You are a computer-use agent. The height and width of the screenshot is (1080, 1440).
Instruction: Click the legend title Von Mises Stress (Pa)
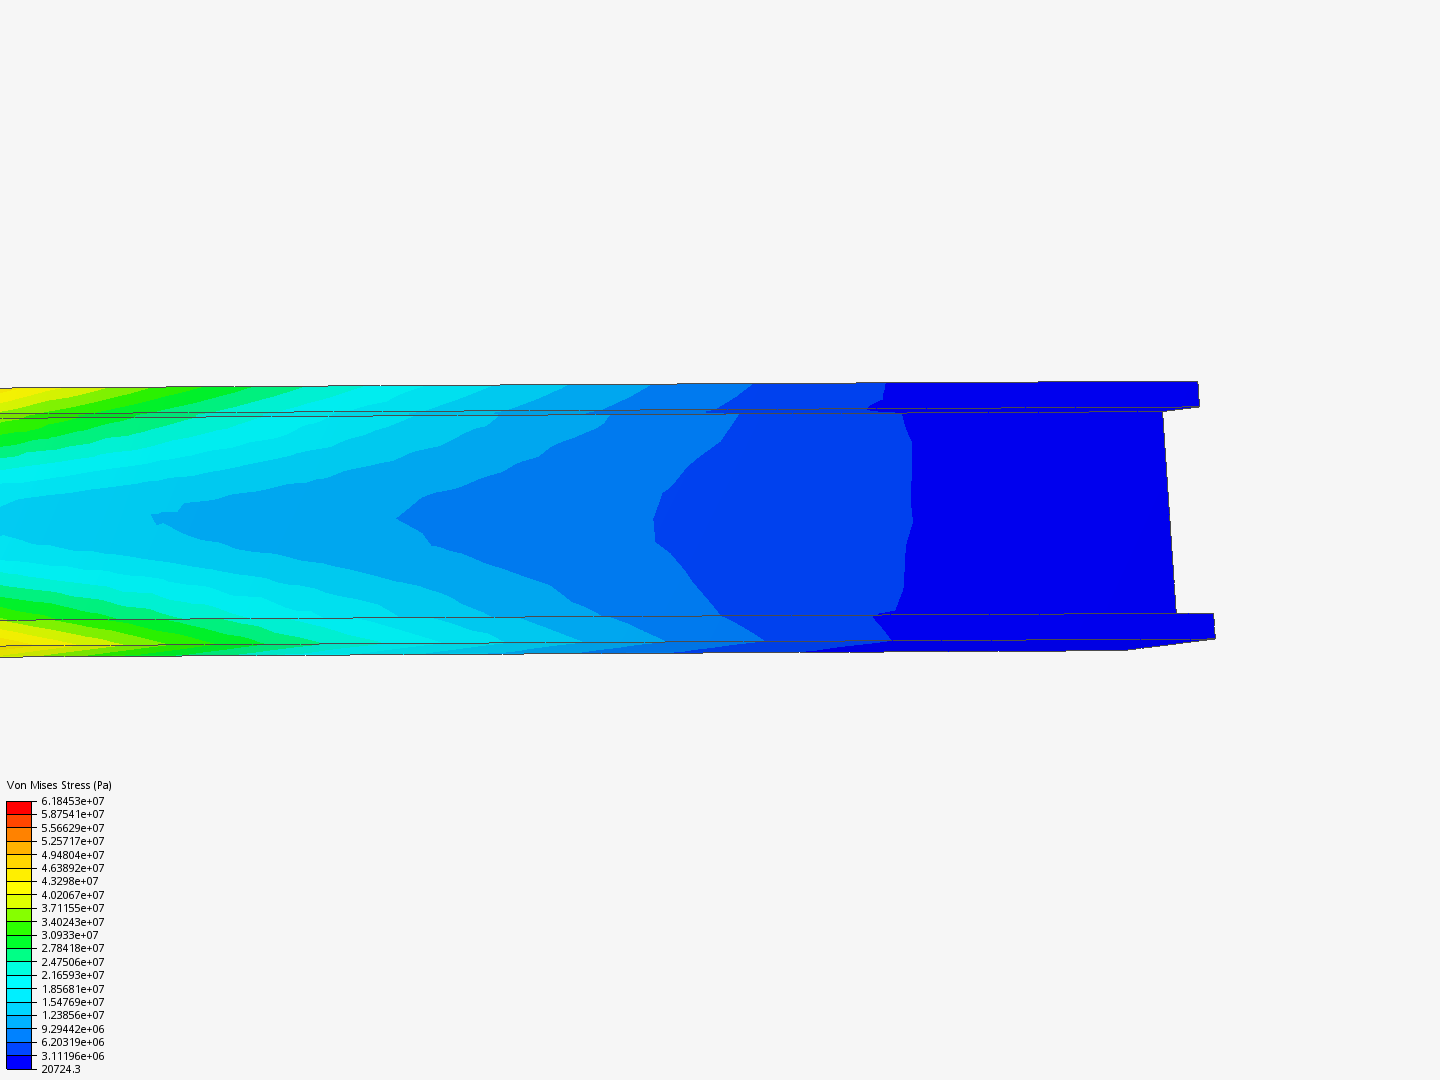(x=59, y=785)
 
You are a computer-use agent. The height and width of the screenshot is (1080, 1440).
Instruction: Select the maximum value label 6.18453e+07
(x=73, y=801)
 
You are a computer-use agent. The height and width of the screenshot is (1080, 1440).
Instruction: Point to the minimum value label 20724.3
(x=61, y=1070)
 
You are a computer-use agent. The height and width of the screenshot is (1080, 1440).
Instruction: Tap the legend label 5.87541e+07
(x=73, y=814)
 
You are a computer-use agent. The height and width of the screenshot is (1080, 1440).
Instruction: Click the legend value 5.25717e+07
(x=73, y=841)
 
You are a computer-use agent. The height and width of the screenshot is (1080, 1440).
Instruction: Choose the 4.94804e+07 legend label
(x=73, y=855)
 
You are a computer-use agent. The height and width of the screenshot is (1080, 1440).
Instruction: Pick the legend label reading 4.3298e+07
(x=70, y=881)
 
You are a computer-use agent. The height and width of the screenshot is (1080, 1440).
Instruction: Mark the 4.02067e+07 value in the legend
(x=73, y=895)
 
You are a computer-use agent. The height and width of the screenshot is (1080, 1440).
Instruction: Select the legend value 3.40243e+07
(x=73, y=922)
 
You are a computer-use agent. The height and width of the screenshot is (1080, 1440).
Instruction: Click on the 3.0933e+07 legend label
(x=70, y=935)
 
